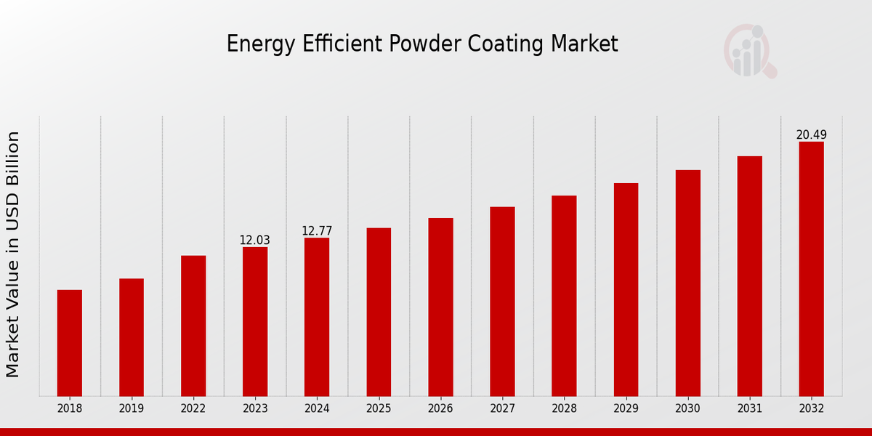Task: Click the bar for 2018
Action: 70,343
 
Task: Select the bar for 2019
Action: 132,337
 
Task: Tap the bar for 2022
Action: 193,326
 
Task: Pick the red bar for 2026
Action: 440,307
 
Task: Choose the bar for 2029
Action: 626,289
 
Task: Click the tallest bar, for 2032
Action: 811,269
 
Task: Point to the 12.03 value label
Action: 255,241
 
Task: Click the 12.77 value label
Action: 317,231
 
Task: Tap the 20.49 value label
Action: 811,135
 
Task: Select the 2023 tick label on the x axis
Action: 255,409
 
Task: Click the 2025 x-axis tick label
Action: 379,409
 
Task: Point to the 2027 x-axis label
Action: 502,409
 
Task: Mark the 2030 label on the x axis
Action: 687,409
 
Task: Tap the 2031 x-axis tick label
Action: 749,409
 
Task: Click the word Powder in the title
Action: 415,44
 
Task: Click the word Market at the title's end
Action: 584,44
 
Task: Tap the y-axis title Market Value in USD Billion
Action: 13,254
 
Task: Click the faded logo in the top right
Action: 749,51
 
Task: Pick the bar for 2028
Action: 564,296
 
